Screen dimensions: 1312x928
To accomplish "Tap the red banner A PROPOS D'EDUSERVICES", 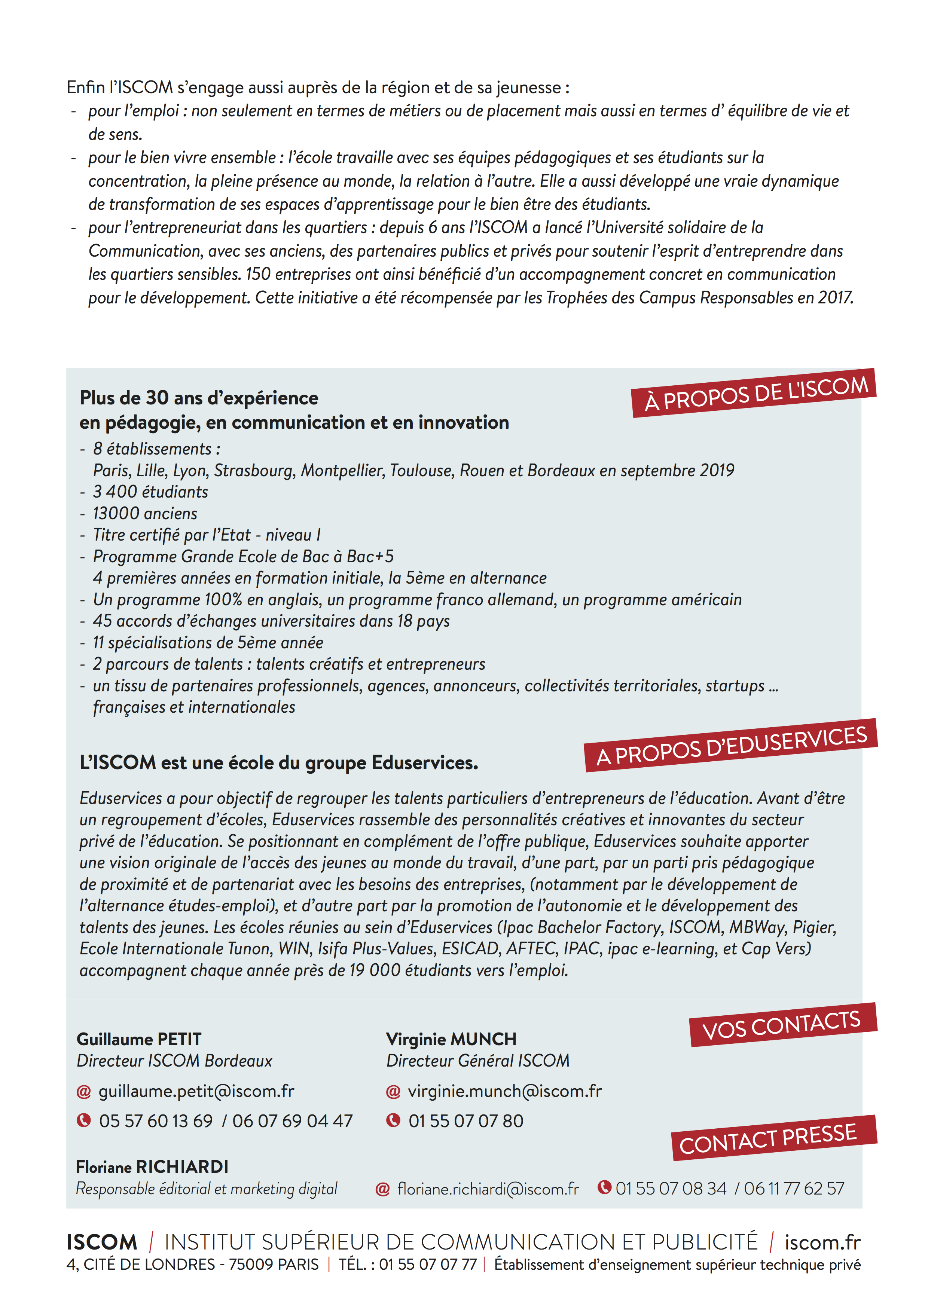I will tap(731, 745).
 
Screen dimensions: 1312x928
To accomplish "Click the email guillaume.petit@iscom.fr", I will tap(196, 1091).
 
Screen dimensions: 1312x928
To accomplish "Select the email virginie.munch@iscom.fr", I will tap(504, 1091).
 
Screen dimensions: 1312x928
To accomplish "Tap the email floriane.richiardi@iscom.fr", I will tap(488, 1189).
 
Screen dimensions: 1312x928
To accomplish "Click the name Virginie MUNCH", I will tap(451, 1039).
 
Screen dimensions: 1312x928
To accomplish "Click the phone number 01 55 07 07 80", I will tap(466, 1121).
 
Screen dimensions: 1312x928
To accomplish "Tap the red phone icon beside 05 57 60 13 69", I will tap(84, 1120).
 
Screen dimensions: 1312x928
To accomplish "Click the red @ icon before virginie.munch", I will tap(393, 1091).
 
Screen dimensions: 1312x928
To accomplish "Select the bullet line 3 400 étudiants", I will tap(150, 492).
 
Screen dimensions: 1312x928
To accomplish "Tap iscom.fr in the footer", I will tap(822, 1243).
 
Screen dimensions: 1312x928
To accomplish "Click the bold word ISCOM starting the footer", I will tap(102, 1243).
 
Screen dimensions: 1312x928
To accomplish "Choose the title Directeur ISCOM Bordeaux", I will tap(174, 1061).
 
